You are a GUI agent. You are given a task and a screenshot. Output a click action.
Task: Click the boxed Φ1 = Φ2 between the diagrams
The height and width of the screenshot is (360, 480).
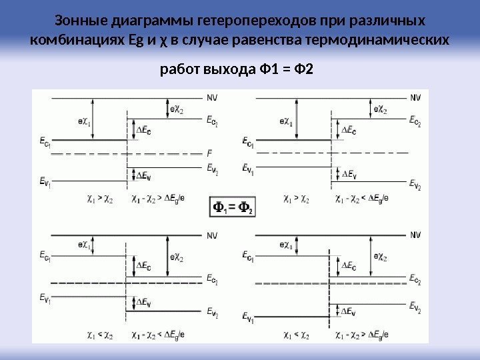tap(232, 207)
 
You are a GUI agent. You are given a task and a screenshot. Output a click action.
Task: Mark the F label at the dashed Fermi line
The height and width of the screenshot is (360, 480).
tap(209, 152)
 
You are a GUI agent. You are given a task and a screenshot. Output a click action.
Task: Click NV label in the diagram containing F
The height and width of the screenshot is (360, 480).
tap(211, 96)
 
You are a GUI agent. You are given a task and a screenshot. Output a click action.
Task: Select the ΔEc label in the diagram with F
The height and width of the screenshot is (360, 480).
tap(143, 131)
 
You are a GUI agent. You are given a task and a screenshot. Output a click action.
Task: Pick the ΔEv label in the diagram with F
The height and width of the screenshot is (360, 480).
tap(143, 175)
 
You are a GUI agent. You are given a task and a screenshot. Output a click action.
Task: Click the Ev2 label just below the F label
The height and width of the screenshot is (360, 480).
tap(211, 167)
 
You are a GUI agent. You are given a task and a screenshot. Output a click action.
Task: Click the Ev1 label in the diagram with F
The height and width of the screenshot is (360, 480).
tap(45, 180)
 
